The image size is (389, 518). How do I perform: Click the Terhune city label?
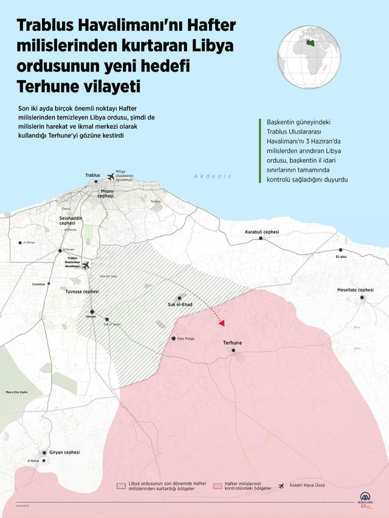tap(232, 343)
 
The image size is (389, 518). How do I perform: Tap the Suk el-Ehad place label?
tap(180, 305)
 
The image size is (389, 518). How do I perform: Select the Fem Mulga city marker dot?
tap(174, 338)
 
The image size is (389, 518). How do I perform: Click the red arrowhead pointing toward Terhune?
tap(222, 323)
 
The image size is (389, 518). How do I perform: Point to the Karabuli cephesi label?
tap(261, 232)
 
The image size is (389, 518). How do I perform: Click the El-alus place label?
tap(340, 257)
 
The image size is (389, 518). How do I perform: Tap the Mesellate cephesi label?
tap(355, 290)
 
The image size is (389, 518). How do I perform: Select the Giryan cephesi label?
tap(63, 452)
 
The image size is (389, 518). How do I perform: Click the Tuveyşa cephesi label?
tap(82, 291)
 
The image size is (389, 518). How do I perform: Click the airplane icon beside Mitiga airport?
tap(111, 177)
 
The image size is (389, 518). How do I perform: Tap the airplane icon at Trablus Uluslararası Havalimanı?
tap(86, 265)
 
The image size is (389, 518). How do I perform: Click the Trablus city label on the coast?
tap(92, 175)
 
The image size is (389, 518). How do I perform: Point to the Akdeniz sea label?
tap(213, 176)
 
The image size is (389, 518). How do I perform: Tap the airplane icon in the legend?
tap(281, 486)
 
